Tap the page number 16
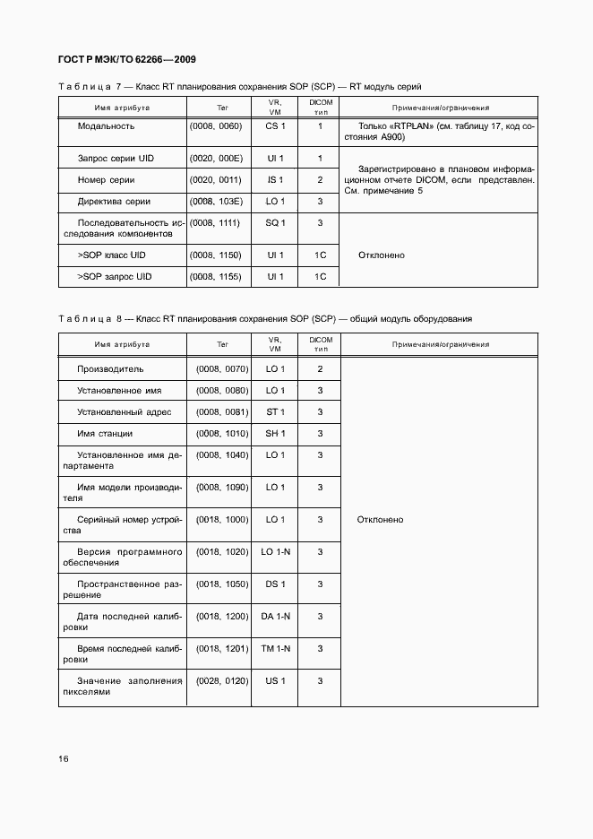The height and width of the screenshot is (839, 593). tap(64, 758)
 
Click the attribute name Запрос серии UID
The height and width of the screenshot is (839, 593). tap(116, 159)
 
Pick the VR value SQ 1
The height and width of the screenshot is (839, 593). tap(275, 222)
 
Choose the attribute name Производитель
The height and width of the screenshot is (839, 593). tap(110, 369)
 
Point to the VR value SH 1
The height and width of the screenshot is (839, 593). tap(275, 434)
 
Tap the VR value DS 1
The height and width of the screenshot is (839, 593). tap(275, 584)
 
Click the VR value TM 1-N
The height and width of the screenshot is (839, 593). tap(275, 649)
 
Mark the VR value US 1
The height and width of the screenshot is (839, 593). tap(275, 681)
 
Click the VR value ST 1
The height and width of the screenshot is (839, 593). tap(275, 412)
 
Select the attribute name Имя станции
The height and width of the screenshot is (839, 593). tap(105, 434)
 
